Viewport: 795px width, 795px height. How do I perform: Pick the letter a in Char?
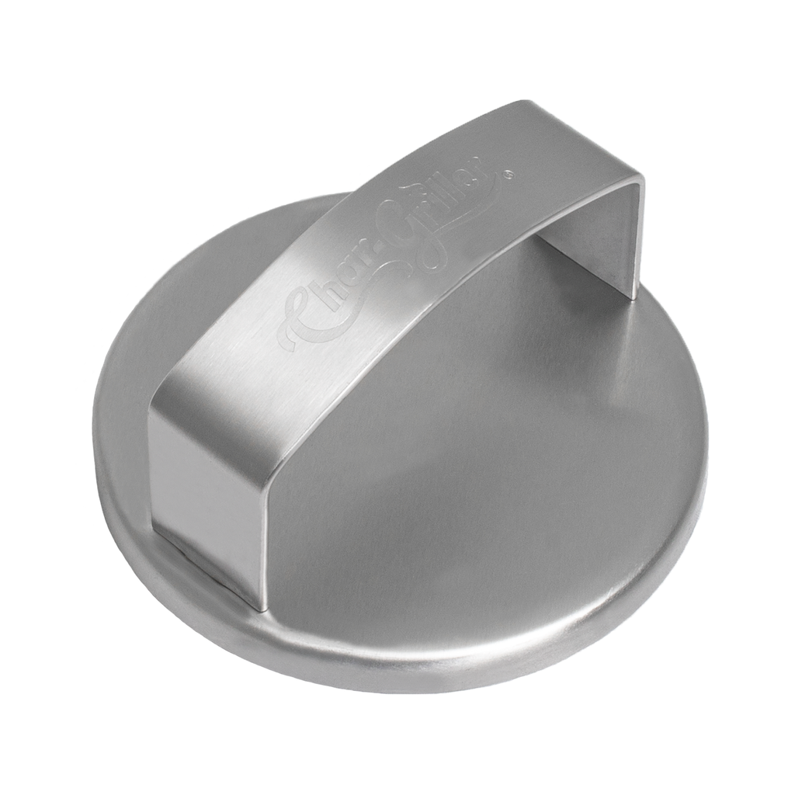coord(350,286)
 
